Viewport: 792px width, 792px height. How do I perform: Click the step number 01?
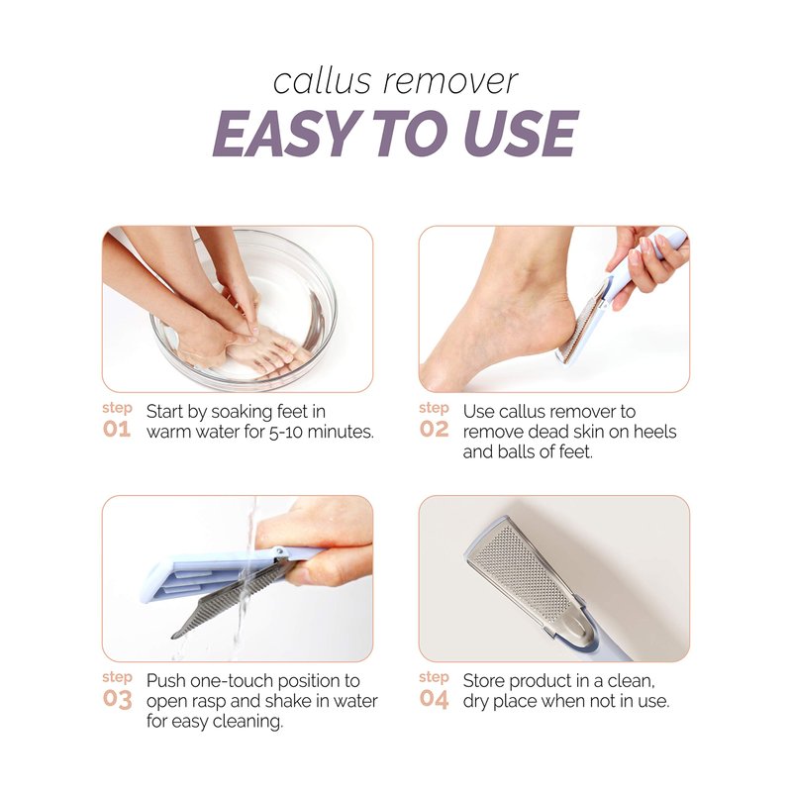pos(117,430)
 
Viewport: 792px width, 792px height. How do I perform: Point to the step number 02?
pos(434,430)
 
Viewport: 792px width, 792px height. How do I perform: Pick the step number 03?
pos(117,699)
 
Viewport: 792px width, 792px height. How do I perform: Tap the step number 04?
pos(434,699)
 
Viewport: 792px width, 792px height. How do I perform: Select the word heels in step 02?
pos(654,432)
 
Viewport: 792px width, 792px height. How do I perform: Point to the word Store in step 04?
pos(484,681)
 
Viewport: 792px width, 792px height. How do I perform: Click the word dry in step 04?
pos(476,702)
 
